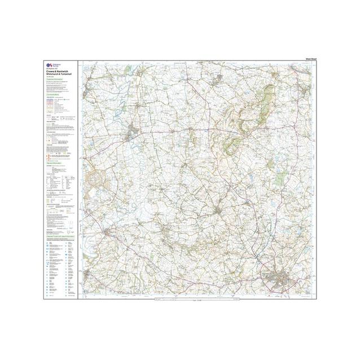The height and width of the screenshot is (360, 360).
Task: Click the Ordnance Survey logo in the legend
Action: coord(50,65)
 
